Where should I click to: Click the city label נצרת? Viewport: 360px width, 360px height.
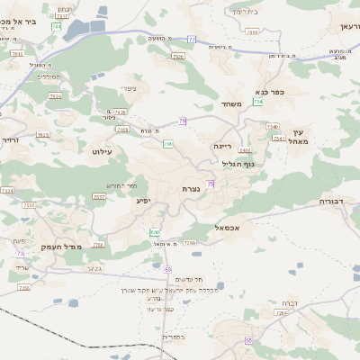point(191,188)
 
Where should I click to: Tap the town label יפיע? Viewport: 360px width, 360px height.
point(143,200)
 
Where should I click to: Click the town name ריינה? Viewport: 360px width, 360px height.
point(223,145)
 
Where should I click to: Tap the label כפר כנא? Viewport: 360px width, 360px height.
point(256,91)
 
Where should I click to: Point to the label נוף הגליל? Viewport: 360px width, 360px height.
point(238,163)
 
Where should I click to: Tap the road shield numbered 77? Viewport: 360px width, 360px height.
point(192,40)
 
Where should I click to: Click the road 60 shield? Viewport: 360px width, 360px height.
point(167,269)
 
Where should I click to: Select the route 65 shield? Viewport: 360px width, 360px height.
point(248,341)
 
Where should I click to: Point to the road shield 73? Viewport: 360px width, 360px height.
point(20,253)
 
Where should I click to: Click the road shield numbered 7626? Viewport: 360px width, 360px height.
point(121,112)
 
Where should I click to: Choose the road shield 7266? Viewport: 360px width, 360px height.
point(190,243)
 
